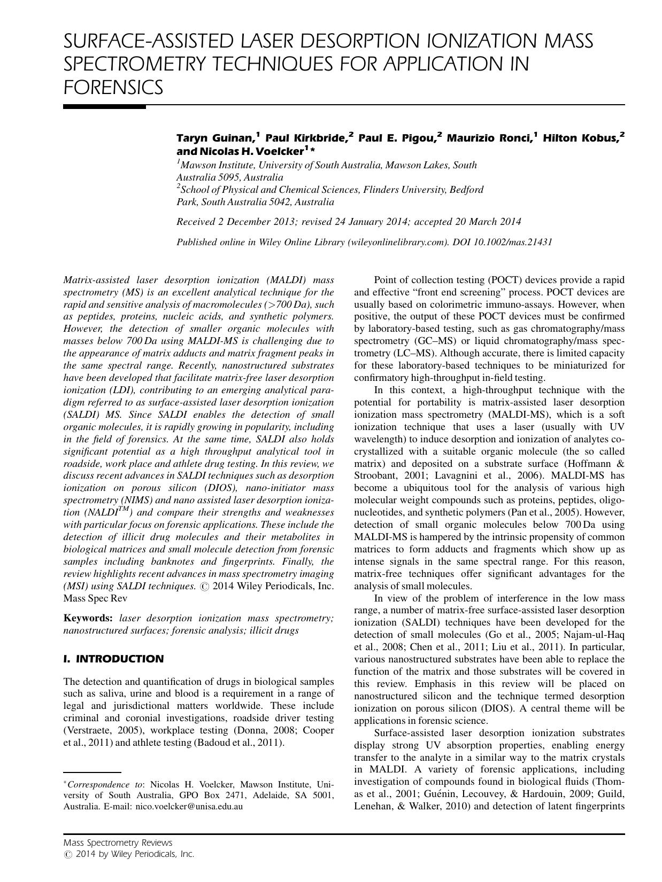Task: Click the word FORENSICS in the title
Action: click(x=113, y=87)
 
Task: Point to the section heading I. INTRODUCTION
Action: click(x=113, y=659)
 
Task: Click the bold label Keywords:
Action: click(x=88, y=618)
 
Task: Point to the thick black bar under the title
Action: click(x=104, y=107)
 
